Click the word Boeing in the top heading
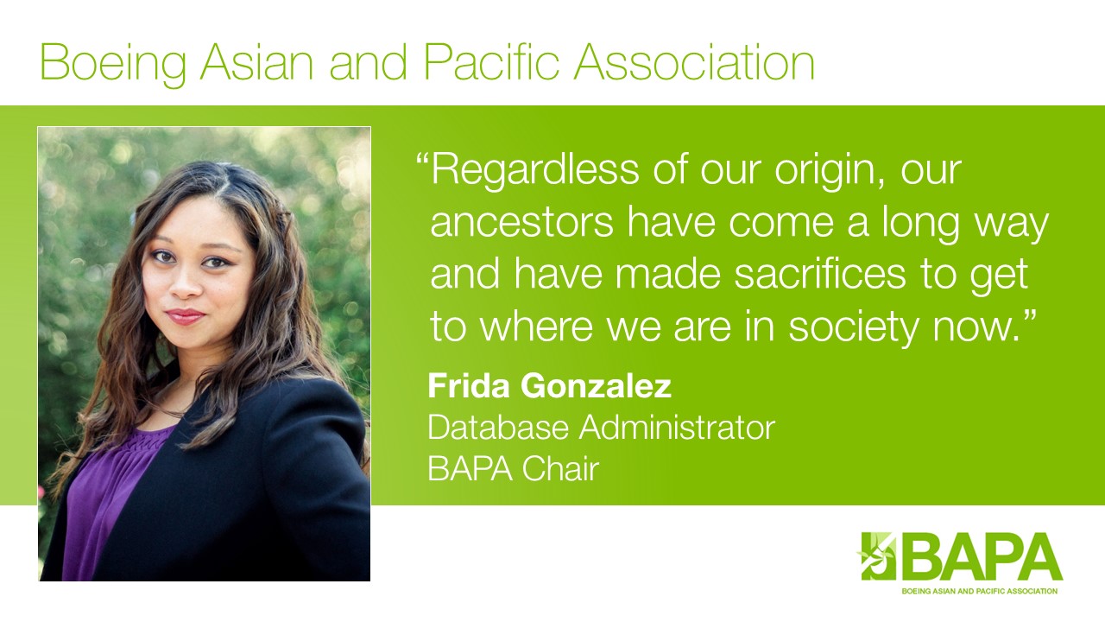tap(113, 64)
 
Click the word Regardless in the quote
tap(535, 170)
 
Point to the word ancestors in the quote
tap(522, 223)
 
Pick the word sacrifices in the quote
tap(820, 275)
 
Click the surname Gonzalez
tap(596, 387)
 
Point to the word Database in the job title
tap(498, 428)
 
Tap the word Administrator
tap(677, 428)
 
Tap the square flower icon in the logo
tap(878, 555)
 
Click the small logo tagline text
tap(980, 591)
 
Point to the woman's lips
tap(185, 315)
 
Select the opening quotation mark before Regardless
tap(422, 161)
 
